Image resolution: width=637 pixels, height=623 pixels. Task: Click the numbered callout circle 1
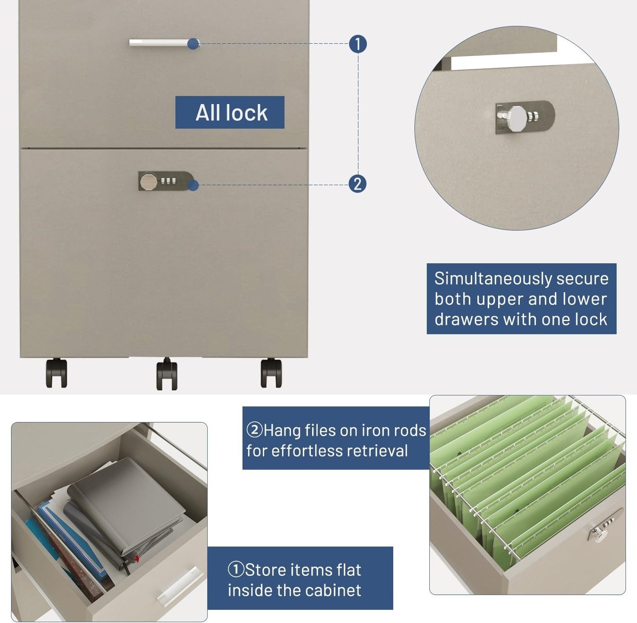coord(358,44)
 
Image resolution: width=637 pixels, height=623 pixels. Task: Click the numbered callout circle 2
coord(358,184)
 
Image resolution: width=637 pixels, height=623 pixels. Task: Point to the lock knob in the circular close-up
coord(518,116)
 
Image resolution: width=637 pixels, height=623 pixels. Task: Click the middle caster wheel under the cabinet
coord(167,374)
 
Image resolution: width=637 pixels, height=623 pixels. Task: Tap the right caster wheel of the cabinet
coord(271,373)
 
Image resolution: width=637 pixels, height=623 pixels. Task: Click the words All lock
coord(231,112)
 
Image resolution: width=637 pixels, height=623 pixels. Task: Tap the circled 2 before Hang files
coord(254,430)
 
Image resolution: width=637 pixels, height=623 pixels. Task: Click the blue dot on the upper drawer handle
coord(193,44)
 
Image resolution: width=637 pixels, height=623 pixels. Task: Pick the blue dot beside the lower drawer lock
coord(193,185)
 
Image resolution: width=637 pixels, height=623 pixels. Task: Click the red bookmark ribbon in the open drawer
coord(137,558)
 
